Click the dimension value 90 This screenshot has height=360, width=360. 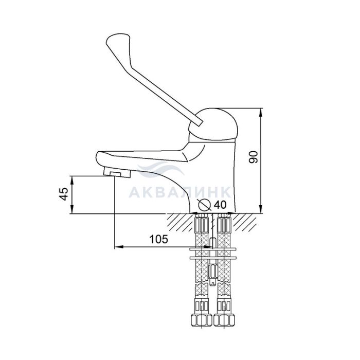coord(254,157)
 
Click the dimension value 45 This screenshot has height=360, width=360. coord(64,194)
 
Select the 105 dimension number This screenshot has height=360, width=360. coord(158,239)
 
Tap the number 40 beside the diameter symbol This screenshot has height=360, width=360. coord(220,205)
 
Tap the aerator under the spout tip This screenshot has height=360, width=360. coord(117,172)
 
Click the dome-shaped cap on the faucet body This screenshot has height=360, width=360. coord(213,124)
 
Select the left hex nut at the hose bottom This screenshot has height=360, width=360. coord(202,320)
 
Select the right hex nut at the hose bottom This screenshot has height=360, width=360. coord(224,320)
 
